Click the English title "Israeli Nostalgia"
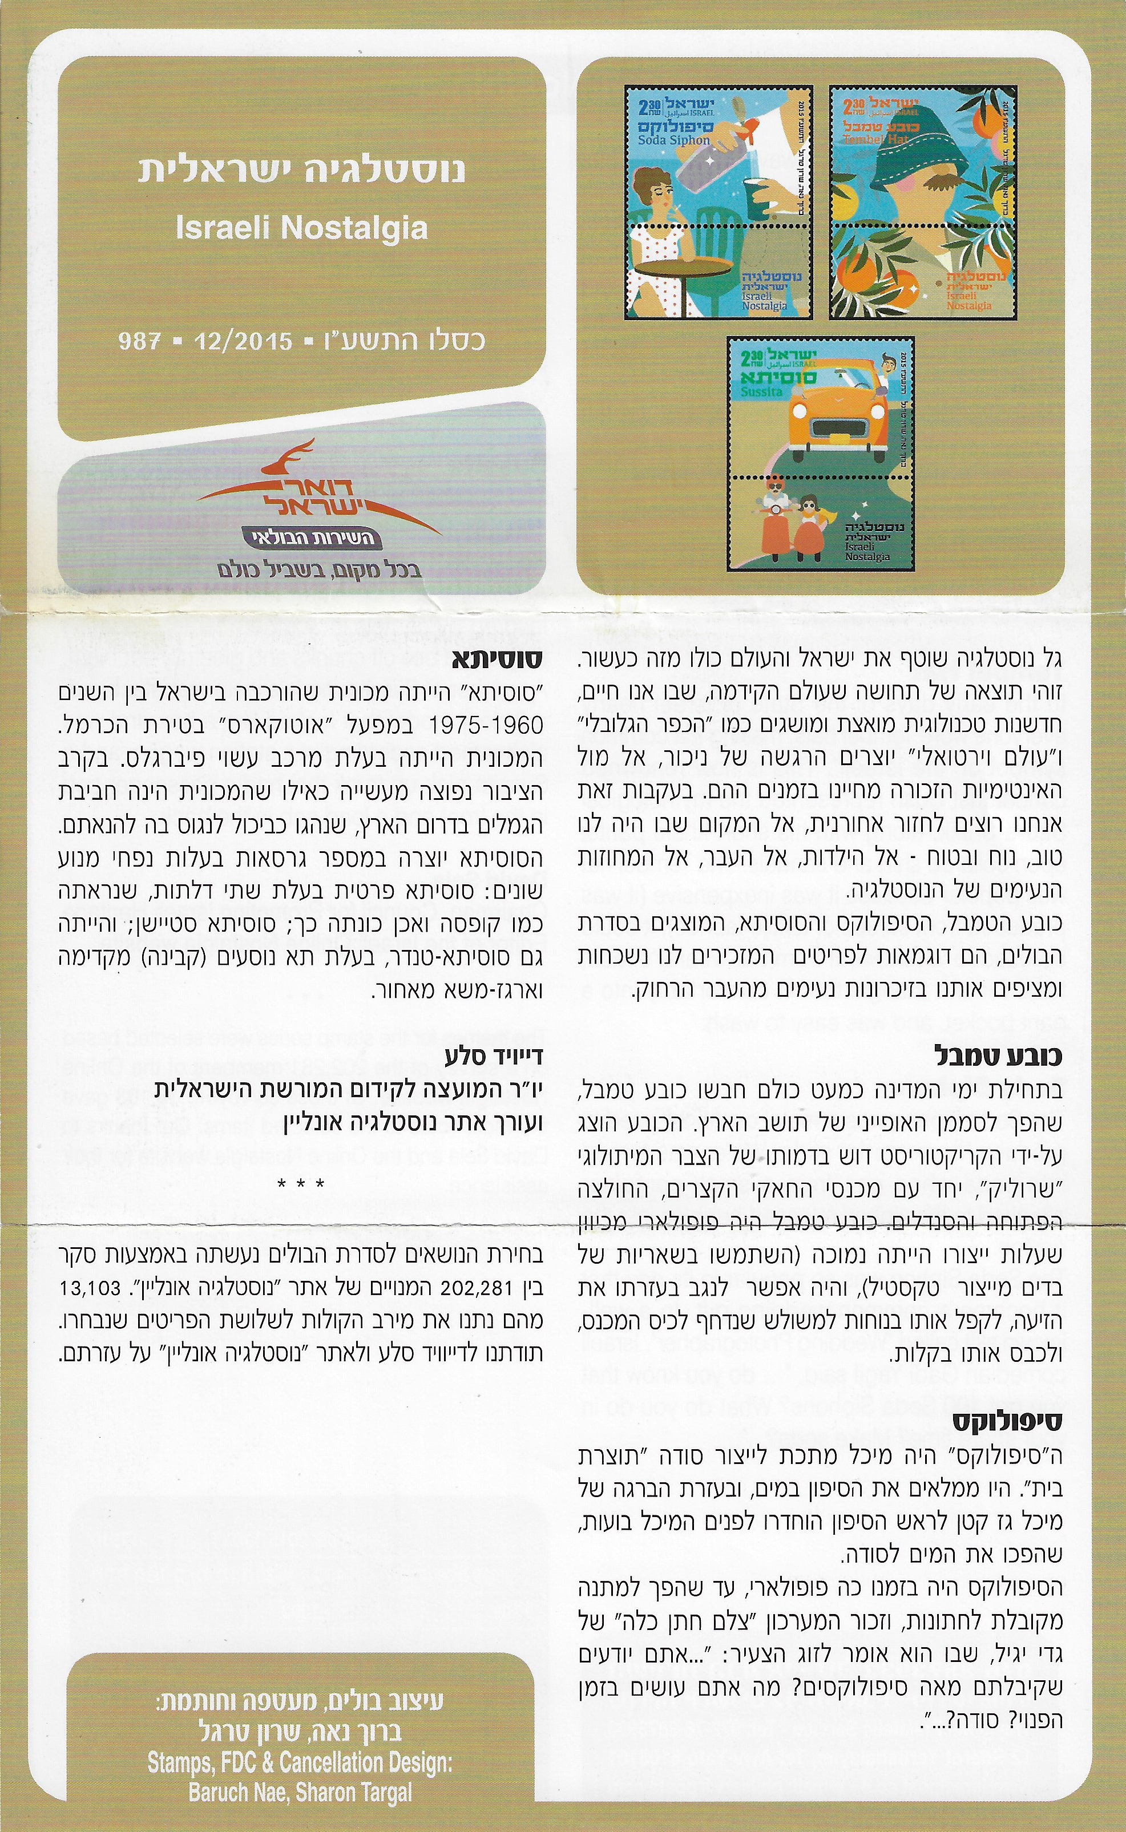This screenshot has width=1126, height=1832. (x=301, y=228)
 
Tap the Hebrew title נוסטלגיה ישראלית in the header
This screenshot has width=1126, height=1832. (x=301, y=169)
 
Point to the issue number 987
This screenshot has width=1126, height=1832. (x=140, y=342)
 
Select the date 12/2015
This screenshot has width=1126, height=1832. (x=243, y=342)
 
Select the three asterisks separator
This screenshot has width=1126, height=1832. (x=301, y=1183)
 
